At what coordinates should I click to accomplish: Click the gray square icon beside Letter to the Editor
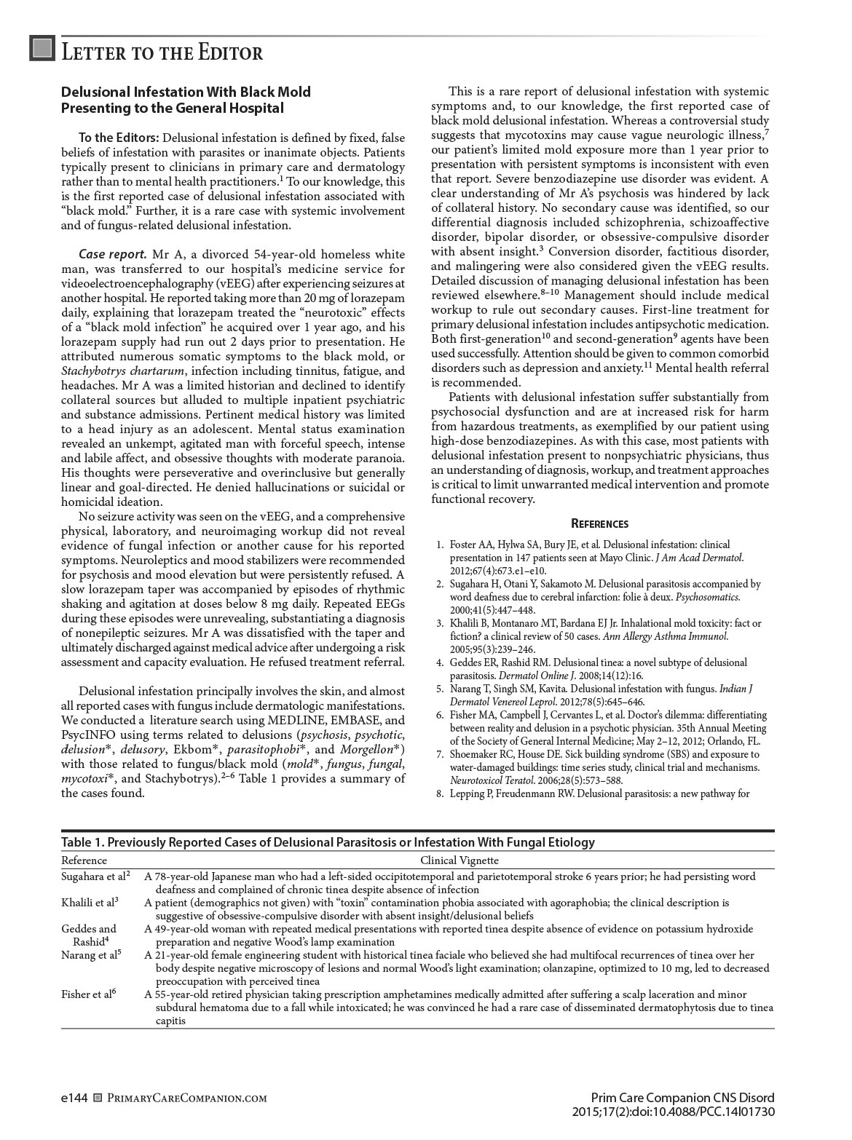[x=43, y=48]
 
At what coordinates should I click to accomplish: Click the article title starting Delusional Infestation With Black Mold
[x=186, y=100]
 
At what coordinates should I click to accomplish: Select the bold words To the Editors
[x=119, y=138]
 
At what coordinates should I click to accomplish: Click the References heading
[x=599, y=523]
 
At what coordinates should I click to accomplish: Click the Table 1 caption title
[x=328, y=842]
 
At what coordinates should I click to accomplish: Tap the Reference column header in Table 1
[x=84, y=860]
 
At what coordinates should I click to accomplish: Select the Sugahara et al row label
[x=95, y=876]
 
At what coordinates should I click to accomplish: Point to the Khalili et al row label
[x=90, y=903]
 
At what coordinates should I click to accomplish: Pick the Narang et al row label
[x=91, y=955]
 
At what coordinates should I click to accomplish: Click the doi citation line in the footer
[x=673, y=1112]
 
